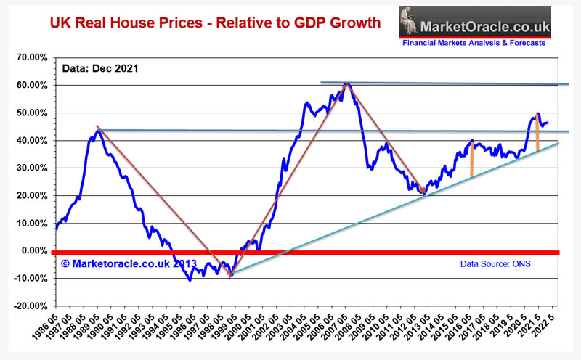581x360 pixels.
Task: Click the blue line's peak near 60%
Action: [x=347, y=84]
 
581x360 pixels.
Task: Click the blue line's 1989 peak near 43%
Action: [x=97, y=131]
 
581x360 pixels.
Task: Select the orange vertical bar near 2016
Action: [x=471, y=159]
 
